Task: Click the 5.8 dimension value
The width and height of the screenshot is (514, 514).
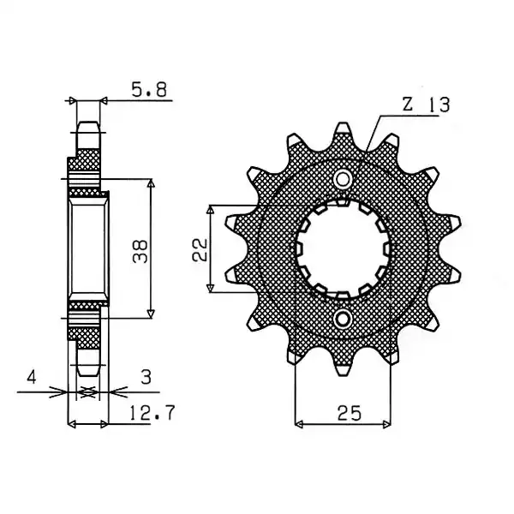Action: click(x=149, y=89)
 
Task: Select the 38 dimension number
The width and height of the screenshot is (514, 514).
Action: click(x=140, y=251)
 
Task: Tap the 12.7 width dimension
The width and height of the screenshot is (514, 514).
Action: click(x=152, y=413)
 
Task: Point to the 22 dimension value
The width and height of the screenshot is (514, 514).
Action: click(x=200, y=250)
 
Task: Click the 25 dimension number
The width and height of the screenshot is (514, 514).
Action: click(x=350, y=413)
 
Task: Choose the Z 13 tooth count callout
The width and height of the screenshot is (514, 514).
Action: click(x=426, y=105)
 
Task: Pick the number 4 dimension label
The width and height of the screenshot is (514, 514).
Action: click(x=32, y=377)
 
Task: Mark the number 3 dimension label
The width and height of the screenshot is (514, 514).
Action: click(x=146, y=377)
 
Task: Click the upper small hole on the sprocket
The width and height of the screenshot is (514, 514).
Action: click(x=343, y=179)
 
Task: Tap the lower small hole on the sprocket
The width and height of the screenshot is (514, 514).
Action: click(x=343, y=319)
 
